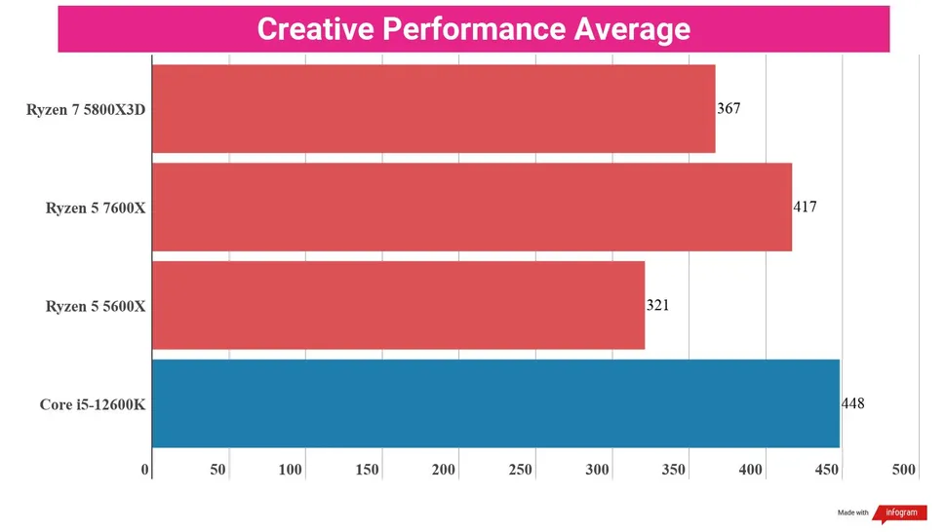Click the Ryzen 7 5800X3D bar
click(x=433, y=108)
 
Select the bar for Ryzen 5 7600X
click(x=472, y=207)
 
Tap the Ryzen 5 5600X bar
click(x=398, y=305)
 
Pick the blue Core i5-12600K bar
click(x=495, y=403)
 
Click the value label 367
click(x=729, y=108)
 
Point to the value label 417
click(x=805, y=207)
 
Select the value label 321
click(x=657, y=305)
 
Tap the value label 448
click(x=852, y=403)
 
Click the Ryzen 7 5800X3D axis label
click(x=86, y=109)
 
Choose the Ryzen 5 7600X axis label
click(x=96, y=208)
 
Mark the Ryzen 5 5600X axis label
click(x=96, y=306)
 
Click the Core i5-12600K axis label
click(x=93, y=404)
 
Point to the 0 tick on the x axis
click(x=145, y=470)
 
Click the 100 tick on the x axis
click(x=291, y=470)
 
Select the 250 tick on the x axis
click(x=521, y=470)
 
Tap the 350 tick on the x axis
click(x=674, y=470)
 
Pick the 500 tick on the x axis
click(x=904, y=470)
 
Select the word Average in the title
click(x=633, y=28)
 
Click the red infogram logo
click(x=899, y=513)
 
